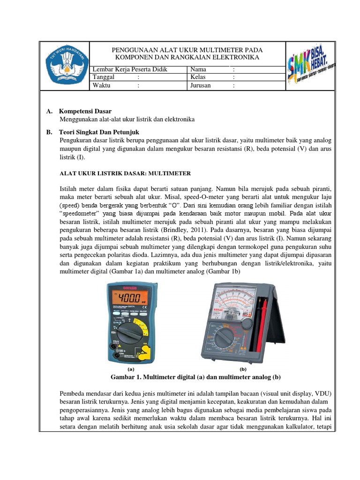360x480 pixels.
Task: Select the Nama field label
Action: (198, 69)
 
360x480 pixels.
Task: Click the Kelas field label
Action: (199, 77)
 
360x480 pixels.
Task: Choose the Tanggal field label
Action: (104, 77)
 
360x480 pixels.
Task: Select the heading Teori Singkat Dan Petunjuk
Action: (99, 132)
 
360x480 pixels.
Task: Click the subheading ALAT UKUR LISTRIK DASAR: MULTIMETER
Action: (125, 173)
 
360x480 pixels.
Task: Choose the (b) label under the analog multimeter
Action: (243, 369)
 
